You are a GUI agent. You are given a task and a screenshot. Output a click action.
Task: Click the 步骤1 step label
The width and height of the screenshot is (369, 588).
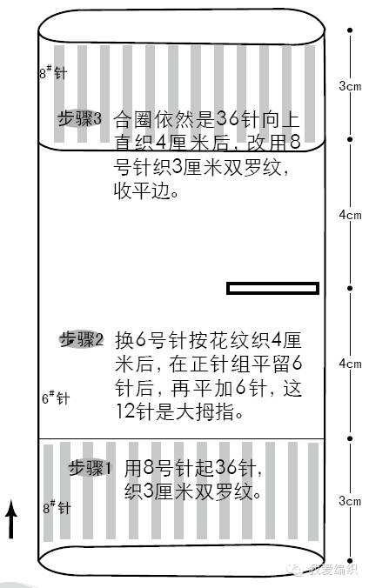(91, 468)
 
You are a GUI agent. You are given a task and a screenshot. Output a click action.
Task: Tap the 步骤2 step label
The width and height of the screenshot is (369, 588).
(82, 340)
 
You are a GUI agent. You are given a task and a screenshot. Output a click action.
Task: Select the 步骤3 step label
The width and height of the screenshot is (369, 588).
(79, 119)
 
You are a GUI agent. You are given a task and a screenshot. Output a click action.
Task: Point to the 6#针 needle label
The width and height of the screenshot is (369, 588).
(55, 398)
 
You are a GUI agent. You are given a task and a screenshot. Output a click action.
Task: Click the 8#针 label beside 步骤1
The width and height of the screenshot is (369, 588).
(57, 507)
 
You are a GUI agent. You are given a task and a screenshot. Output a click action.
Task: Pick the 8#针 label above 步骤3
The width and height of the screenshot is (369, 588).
(53, 72)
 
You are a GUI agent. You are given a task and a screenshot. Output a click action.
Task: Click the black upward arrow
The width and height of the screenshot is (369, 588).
(11, 519)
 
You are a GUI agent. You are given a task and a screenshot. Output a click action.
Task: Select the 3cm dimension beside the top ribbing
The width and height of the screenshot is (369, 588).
(350, 86)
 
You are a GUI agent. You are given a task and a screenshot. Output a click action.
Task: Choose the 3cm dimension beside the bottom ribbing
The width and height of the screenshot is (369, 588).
(350, 501)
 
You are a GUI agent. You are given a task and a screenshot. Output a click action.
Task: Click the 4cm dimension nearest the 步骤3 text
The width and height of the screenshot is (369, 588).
(350, 215)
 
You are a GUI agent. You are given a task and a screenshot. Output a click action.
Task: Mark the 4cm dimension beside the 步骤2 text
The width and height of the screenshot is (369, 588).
(350, 363)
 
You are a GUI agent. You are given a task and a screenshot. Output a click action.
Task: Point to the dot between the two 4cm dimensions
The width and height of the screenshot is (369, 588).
(350, 288)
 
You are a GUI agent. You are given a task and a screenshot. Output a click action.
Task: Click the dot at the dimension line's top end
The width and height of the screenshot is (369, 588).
(350, 30)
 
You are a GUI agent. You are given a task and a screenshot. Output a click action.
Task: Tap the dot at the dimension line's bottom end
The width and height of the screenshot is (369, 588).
(350, 561)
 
